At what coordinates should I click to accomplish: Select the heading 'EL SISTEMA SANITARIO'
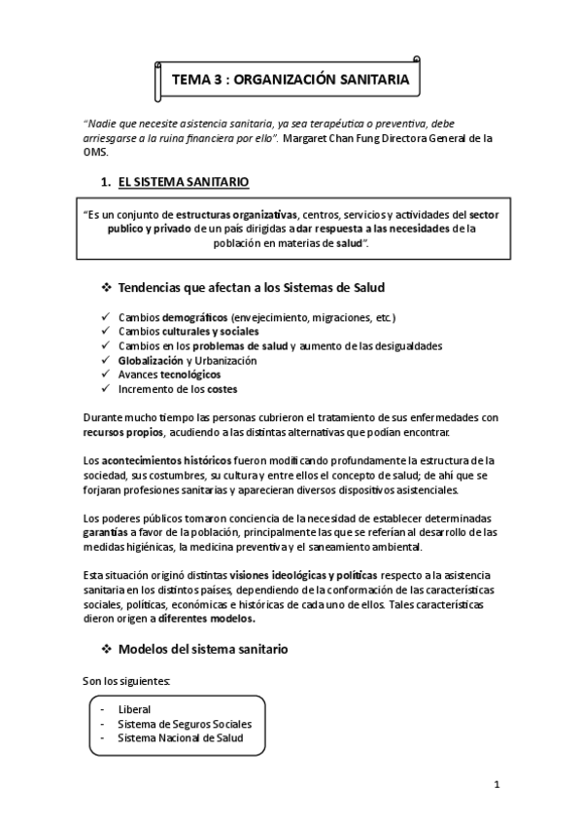[x=183, y=182]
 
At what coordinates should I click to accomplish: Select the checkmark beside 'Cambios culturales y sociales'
[x=105, y=332]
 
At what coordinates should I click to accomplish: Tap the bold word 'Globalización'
[x=150, y=360]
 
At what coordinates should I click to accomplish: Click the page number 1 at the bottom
[x=496, y=784]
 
